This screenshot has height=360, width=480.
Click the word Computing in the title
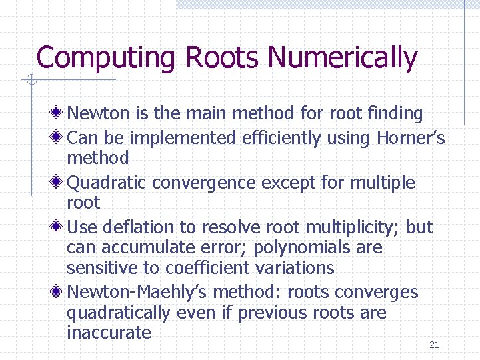[107, 59]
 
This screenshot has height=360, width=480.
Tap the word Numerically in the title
[342, 59]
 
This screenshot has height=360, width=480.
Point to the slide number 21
[434, 345]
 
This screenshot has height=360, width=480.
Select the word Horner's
[411, 138]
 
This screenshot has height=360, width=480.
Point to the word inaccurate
[109, 333]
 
